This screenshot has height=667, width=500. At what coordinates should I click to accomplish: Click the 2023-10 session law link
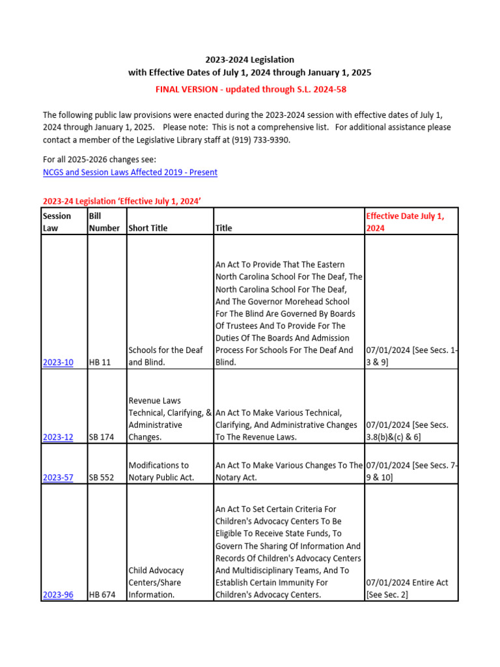58,362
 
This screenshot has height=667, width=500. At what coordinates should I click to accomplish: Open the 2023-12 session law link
58,437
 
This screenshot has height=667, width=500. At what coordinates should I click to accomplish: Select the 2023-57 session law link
58,477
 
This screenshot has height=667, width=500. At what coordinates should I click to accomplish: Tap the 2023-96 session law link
58,595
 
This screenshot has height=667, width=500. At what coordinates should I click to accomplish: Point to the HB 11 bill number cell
100,362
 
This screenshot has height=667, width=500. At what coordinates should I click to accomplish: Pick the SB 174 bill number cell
101,437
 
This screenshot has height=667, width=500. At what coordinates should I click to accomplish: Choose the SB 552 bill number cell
101,477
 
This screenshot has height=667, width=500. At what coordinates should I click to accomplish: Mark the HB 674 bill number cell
102,595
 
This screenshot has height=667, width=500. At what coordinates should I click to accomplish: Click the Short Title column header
148,228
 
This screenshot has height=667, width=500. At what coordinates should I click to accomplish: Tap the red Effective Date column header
405,222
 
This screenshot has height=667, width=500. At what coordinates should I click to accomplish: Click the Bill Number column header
104,222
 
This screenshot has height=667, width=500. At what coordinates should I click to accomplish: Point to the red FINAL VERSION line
250,89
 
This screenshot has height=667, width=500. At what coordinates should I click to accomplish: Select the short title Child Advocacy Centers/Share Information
156,582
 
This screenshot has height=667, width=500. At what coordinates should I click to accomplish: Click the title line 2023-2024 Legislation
250,59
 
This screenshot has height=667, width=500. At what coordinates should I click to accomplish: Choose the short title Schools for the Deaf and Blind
166,356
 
